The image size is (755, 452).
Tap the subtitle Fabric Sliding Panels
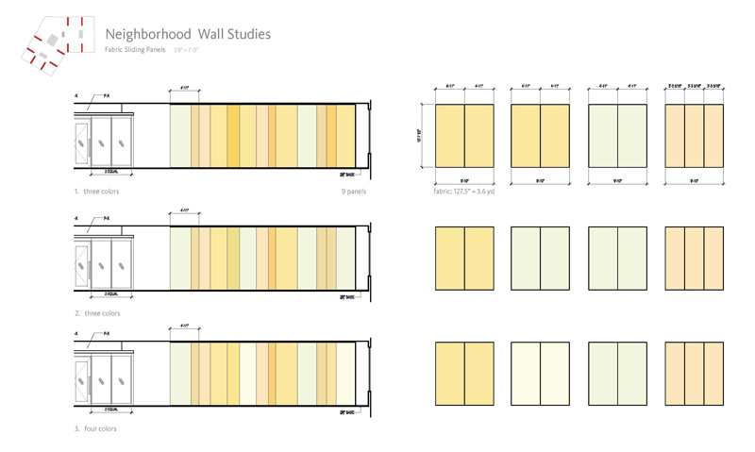tap(135, 49)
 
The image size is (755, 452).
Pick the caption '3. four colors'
tap(95, 428)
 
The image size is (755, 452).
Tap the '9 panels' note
tap(354, 191)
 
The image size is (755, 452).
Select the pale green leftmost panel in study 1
tap(180, 136)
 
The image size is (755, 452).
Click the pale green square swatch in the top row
tap(617, 136)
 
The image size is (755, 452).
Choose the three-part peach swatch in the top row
tap(694, 136)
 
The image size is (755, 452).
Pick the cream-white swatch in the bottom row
tap(540, 374)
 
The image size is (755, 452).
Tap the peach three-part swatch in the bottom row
tap(694, 374)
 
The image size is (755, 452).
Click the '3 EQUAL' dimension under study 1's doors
tap(103, 174)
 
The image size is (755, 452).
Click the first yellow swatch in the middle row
tap(463, 257)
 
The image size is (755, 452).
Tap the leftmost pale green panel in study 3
tap(180, 374)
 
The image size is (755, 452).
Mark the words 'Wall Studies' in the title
tap(234, 34)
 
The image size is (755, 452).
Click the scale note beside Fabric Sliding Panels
tap(187, 49)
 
